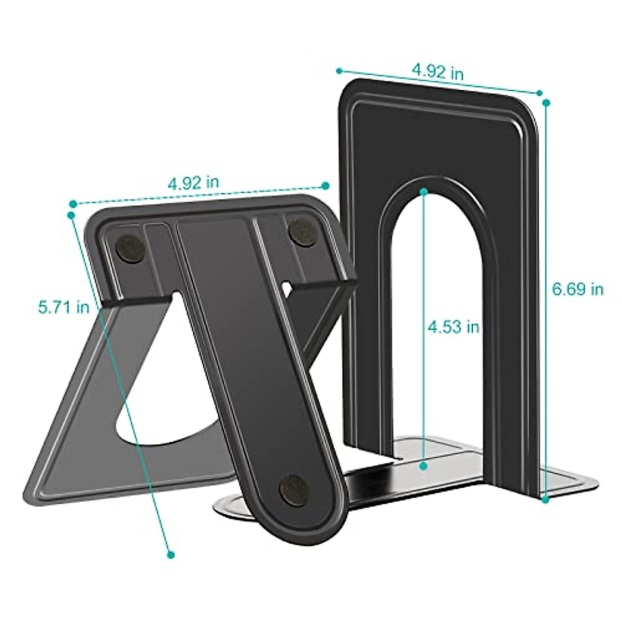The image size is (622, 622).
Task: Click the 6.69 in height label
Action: [577, 289]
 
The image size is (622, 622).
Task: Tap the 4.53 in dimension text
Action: [453, 327]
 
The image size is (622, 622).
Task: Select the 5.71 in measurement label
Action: [64, 307]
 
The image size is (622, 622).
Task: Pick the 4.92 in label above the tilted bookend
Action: [193, 182]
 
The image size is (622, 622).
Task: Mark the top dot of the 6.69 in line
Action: [546, 103]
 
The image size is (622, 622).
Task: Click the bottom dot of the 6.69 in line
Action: [545, 500]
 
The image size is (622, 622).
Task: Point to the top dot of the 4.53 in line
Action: [424, 191]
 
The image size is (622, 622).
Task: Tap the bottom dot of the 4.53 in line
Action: [423, 466]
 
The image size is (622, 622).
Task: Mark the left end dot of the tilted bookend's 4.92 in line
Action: [73, 204]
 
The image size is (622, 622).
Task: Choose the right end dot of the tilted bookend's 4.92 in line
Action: [326, 186]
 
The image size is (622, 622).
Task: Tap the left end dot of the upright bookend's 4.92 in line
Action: [340, 70]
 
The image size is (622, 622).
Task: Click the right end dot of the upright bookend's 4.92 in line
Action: [539, 93]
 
